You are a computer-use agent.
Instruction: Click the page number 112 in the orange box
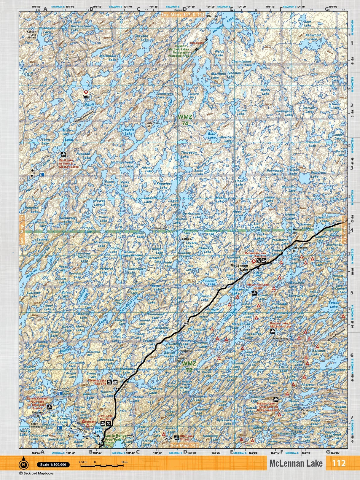coord(339,463)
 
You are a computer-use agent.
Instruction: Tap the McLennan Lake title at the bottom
coord(296,463)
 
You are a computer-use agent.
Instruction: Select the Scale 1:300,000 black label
coord(53,465)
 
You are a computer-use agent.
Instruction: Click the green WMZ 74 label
coord(185,119)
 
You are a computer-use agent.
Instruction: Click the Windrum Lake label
coord(318,174)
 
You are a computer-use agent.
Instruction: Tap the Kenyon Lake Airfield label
coord(31,35)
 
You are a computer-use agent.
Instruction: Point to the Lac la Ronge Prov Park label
coord(116,438)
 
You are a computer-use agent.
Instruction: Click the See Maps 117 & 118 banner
coord(183,14)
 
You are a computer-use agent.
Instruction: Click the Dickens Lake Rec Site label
coord(97,382)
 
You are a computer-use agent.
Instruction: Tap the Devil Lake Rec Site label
coord(105,417)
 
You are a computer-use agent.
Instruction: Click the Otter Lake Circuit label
coord(186,437)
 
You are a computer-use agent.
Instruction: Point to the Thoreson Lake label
coord(189,154)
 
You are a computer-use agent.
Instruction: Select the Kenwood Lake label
coord(313,37)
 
